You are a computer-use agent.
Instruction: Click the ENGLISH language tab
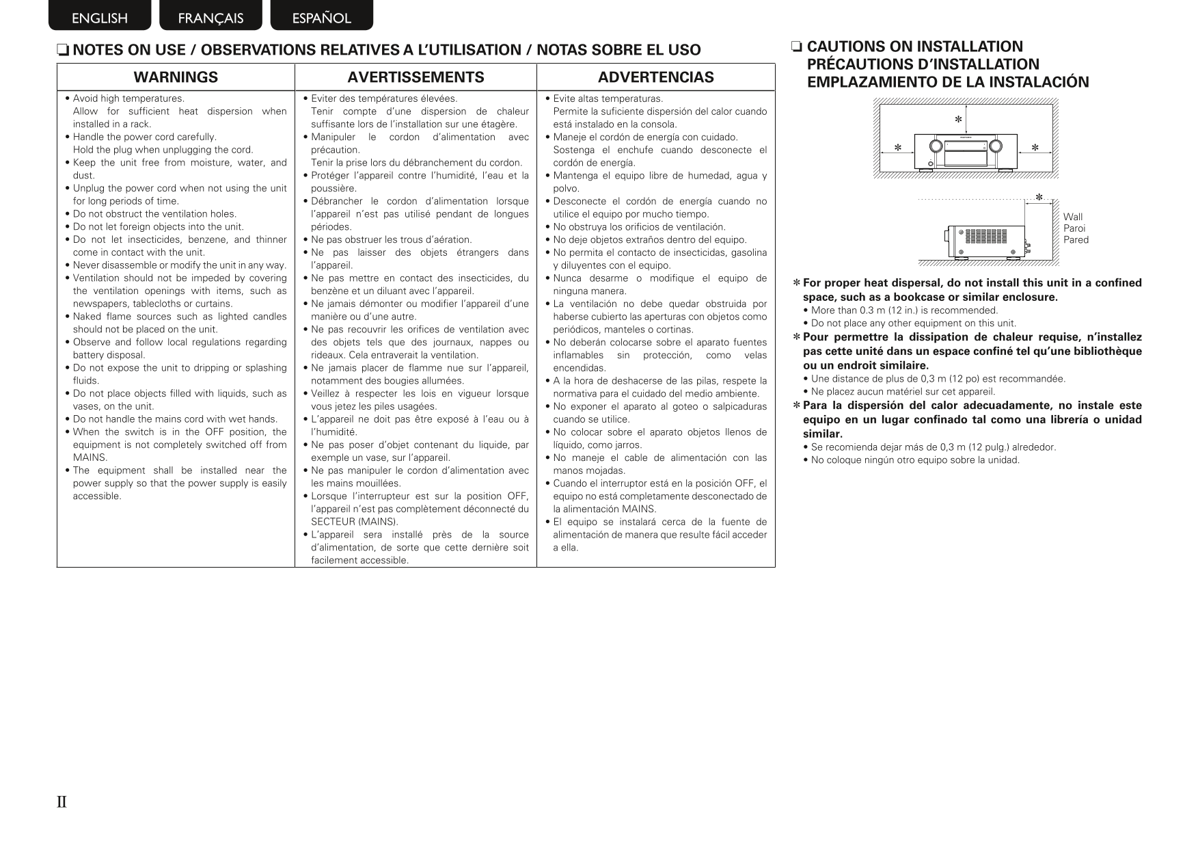[x=99, y=18]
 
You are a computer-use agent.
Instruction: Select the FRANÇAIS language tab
[x=210, y=18]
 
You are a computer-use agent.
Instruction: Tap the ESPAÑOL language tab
[x=321, y=18]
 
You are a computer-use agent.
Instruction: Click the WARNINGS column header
[x=176, y=77]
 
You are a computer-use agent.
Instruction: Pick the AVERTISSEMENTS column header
[x=416, y=77]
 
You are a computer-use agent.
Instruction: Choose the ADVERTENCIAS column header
[x=655, y=77]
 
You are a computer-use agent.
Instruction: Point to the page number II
[x=62, y=802]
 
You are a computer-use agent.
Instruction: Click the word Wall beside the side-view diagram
[x=1073, y=217]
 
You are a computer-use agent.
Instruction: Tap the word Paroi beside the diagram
[x=1074, y=228]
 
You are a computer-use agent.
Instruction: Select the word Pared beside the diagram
[x=1076, y=240]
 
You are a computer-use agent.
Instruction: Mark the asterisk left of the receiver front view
[x=898, y=148]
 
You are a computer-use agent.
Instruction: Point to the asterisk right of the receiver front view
[x=1035, y=148]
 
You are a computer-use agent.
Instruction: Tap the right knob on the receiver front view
[x=996, y=146]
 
